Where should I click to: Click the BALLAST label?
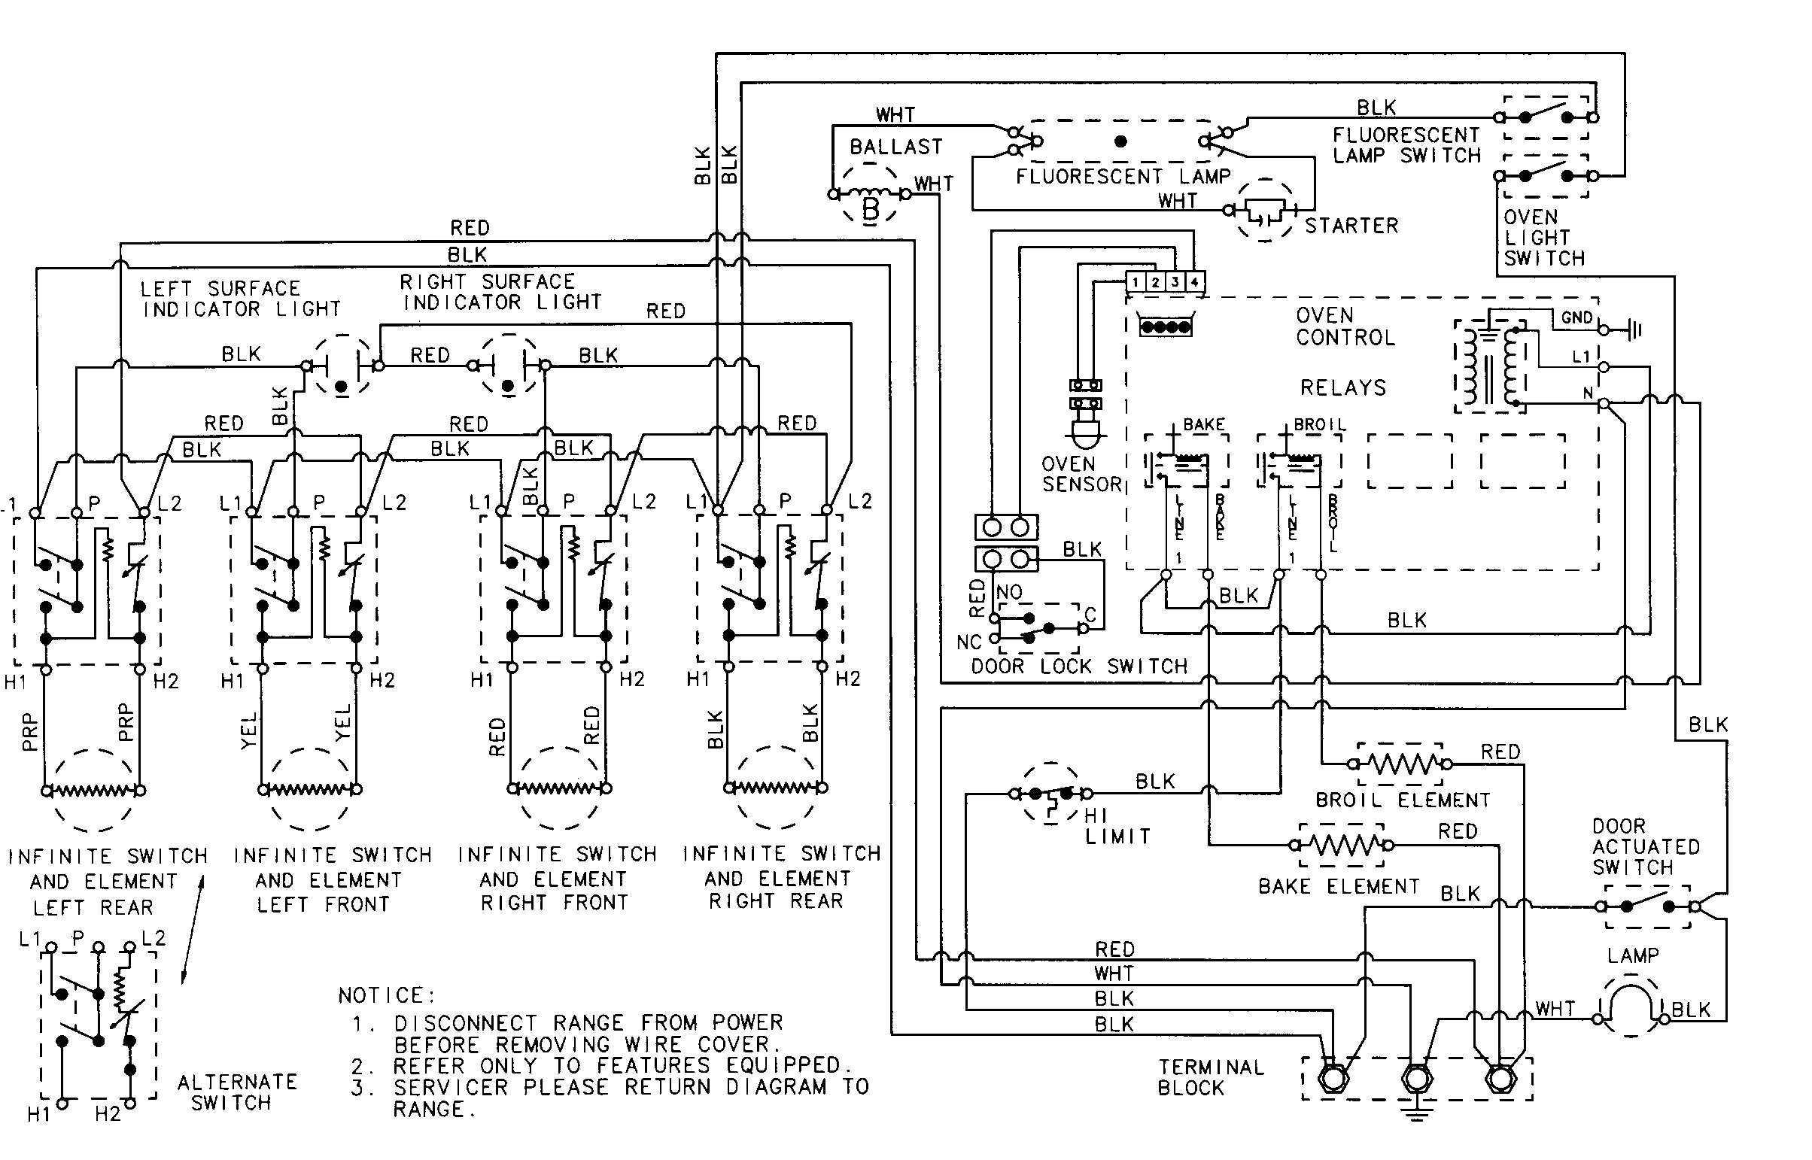[895, 147]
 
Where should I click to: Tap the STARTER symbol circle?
[1265, 210]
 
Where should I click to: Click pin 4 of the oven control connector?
[1195, 282]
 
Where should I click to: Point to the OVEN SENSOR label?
[1081, 474]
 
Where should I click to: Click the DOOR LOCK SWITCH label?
[1078, 667]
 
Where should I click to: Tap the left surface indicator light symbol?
[342, 366]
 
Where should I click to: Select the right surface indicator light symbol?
[509, 366]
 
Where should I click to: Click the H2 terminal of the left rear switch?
[139, 669]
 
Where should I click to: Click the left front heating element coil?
[310, 790]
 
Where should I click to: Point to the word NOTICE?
[385, 996]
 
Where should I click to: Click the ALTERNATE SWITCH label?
[236, 1092]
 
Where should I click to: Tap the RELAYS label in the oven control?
[1342, 388]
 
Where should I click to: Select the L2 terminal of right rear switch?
[827, 510]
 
